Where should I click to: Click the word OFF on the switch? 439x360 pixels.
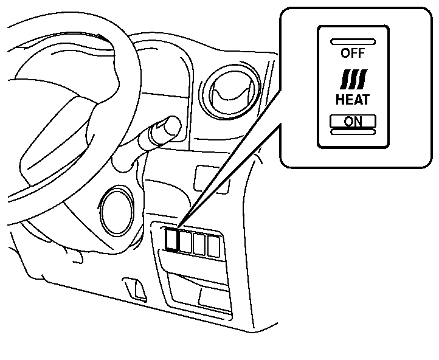353,53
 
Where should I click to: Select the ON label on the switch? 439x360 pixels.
353,121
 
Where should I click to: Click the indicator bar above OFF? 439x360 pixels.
353,41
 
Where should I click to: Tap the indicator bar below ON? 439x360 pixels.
353,132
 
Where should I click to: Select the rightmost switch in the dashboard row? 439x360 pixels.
213,245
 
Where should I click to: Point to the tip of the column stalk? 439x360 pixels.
171,126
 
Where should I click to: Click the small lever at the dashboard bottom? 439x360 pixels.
136,289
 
